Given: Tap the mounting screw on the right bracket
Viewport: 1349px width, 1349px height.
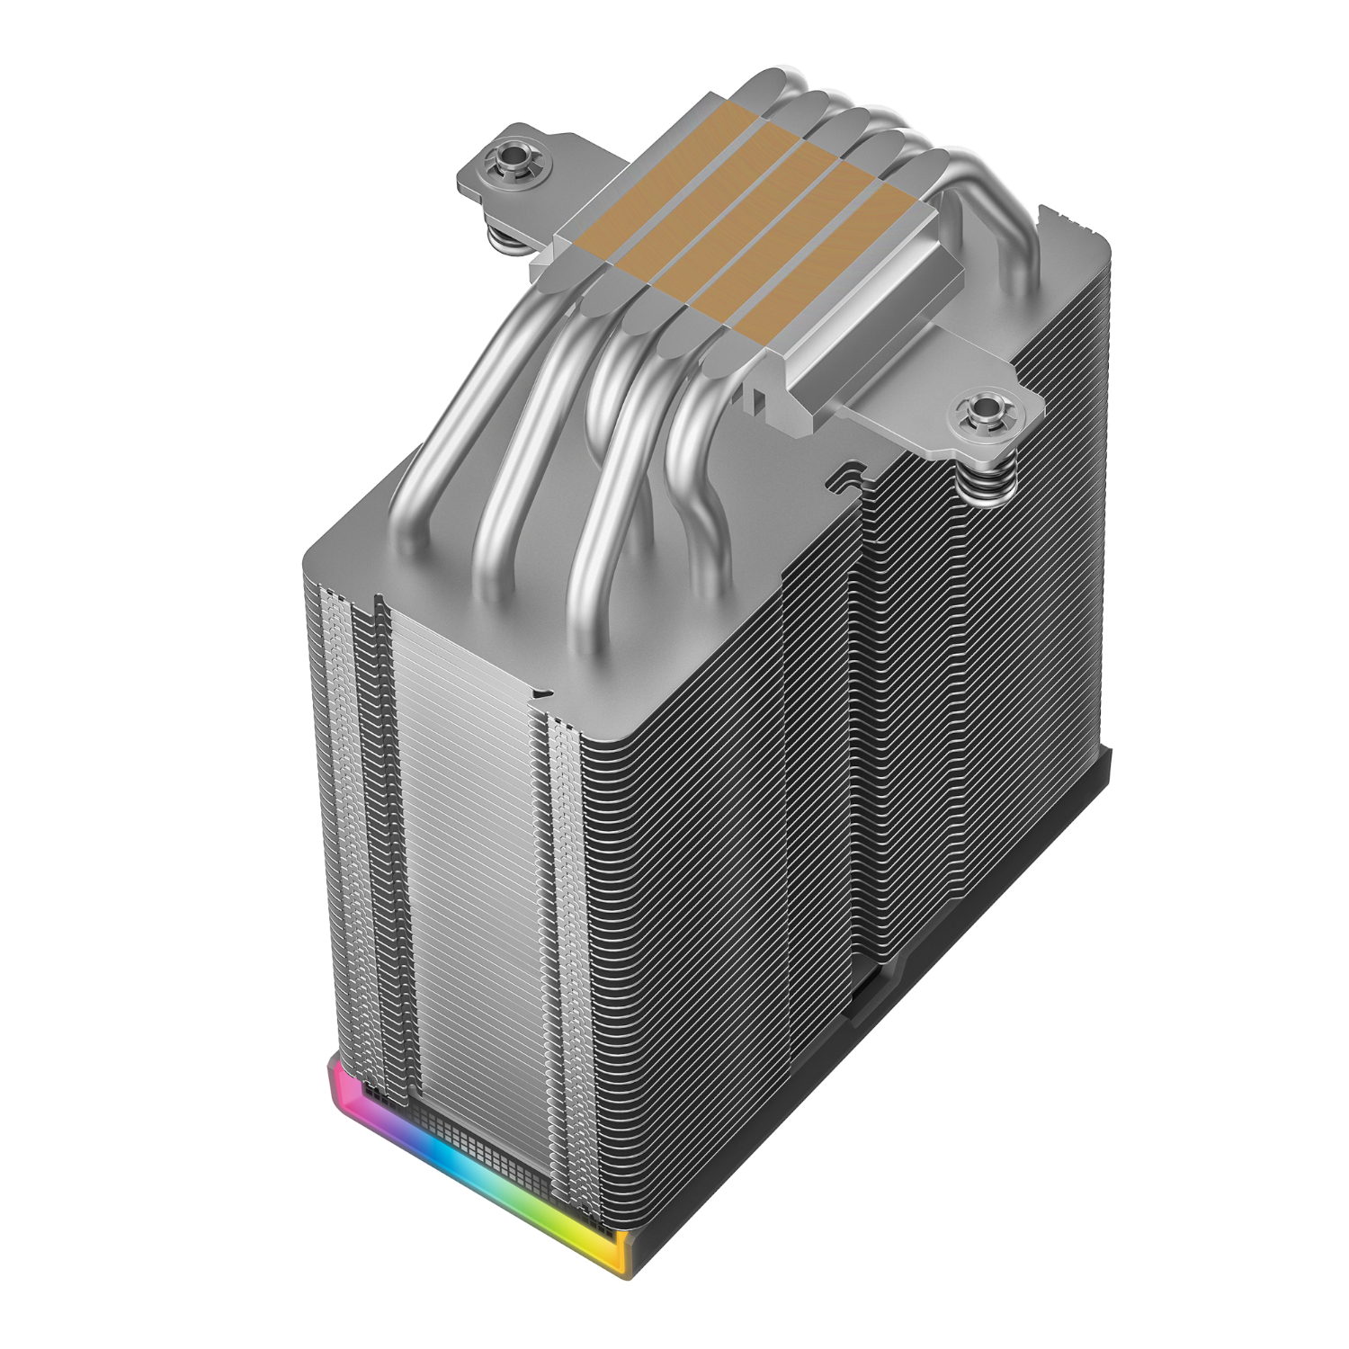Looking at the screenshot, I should point(979,413).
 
